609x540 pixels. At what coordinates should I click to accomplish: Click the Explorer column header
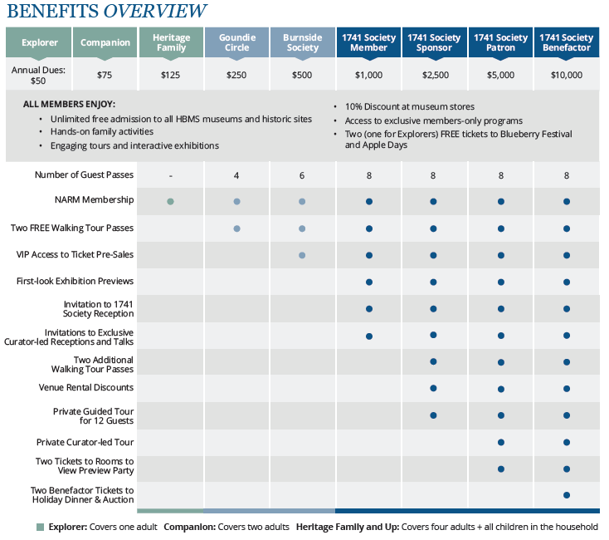point(39,42)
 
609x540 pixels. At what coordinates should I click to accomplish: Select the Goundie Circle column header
point(237,42)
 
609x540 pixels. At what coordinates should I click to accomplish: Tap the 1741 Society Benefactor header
point(567,42)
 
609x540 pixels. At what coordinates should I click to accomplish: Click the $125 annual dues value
point(171,75)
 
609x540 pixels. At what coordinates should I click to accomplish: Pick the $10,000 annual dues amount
point(567,75)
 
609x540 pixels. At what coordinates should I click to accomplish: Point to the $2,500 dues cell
point(436,75)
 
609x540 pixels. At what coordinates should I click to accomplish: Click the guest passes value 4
point(236,176)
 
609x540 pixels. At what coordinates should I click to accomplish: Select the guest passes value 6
point(302,176)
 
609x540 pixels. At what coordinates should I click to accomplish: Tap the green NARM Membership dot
point(170,201)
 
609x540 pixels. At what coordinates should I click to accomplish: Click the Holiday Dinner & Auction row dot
point(567,495)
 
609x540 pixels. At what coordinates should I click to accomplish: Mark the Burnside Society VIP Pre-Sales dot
point(302,255)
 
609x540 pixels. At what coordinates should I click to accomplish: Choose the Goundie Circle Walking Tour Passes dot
point(237,228)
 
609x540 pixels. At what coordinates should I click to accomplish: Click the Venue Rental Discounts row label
point(85,388)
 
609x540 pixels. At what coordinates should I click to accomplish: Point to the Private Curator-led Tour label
point(85,443)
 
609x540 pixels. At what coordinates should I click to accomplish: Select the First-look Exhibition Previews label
point(75,281)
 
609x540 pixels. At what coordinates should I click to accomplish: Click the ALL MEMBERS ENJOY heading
point(69,104)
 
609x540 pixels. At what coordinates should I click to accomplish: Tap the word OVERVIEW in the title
point(155,11)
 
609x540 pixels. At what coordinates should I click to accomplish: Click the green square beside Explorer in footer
point(40,528)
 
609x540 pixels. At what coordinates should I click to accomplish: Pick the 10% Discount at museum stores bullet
point(409,106)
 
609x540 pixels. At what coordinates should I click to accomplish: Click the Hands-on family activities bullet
point(102,132)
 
